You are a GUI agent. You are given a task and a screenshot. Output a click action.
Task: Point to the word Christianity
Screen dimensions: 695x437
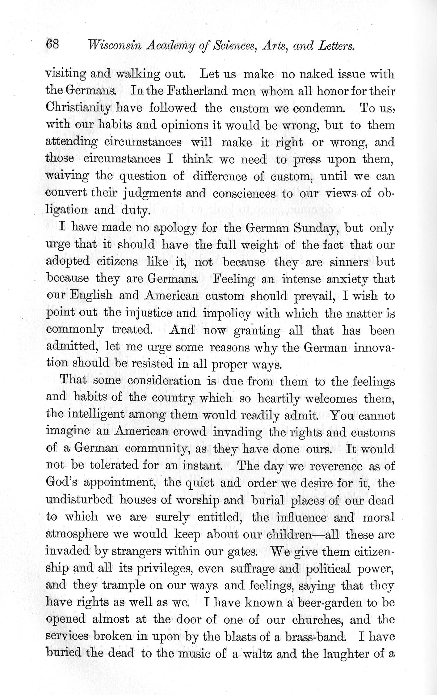click(x=78, y=108)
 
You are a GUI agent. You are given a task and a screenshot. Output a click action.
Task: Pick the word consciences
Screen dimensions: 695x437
click(x=244, y=193)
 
